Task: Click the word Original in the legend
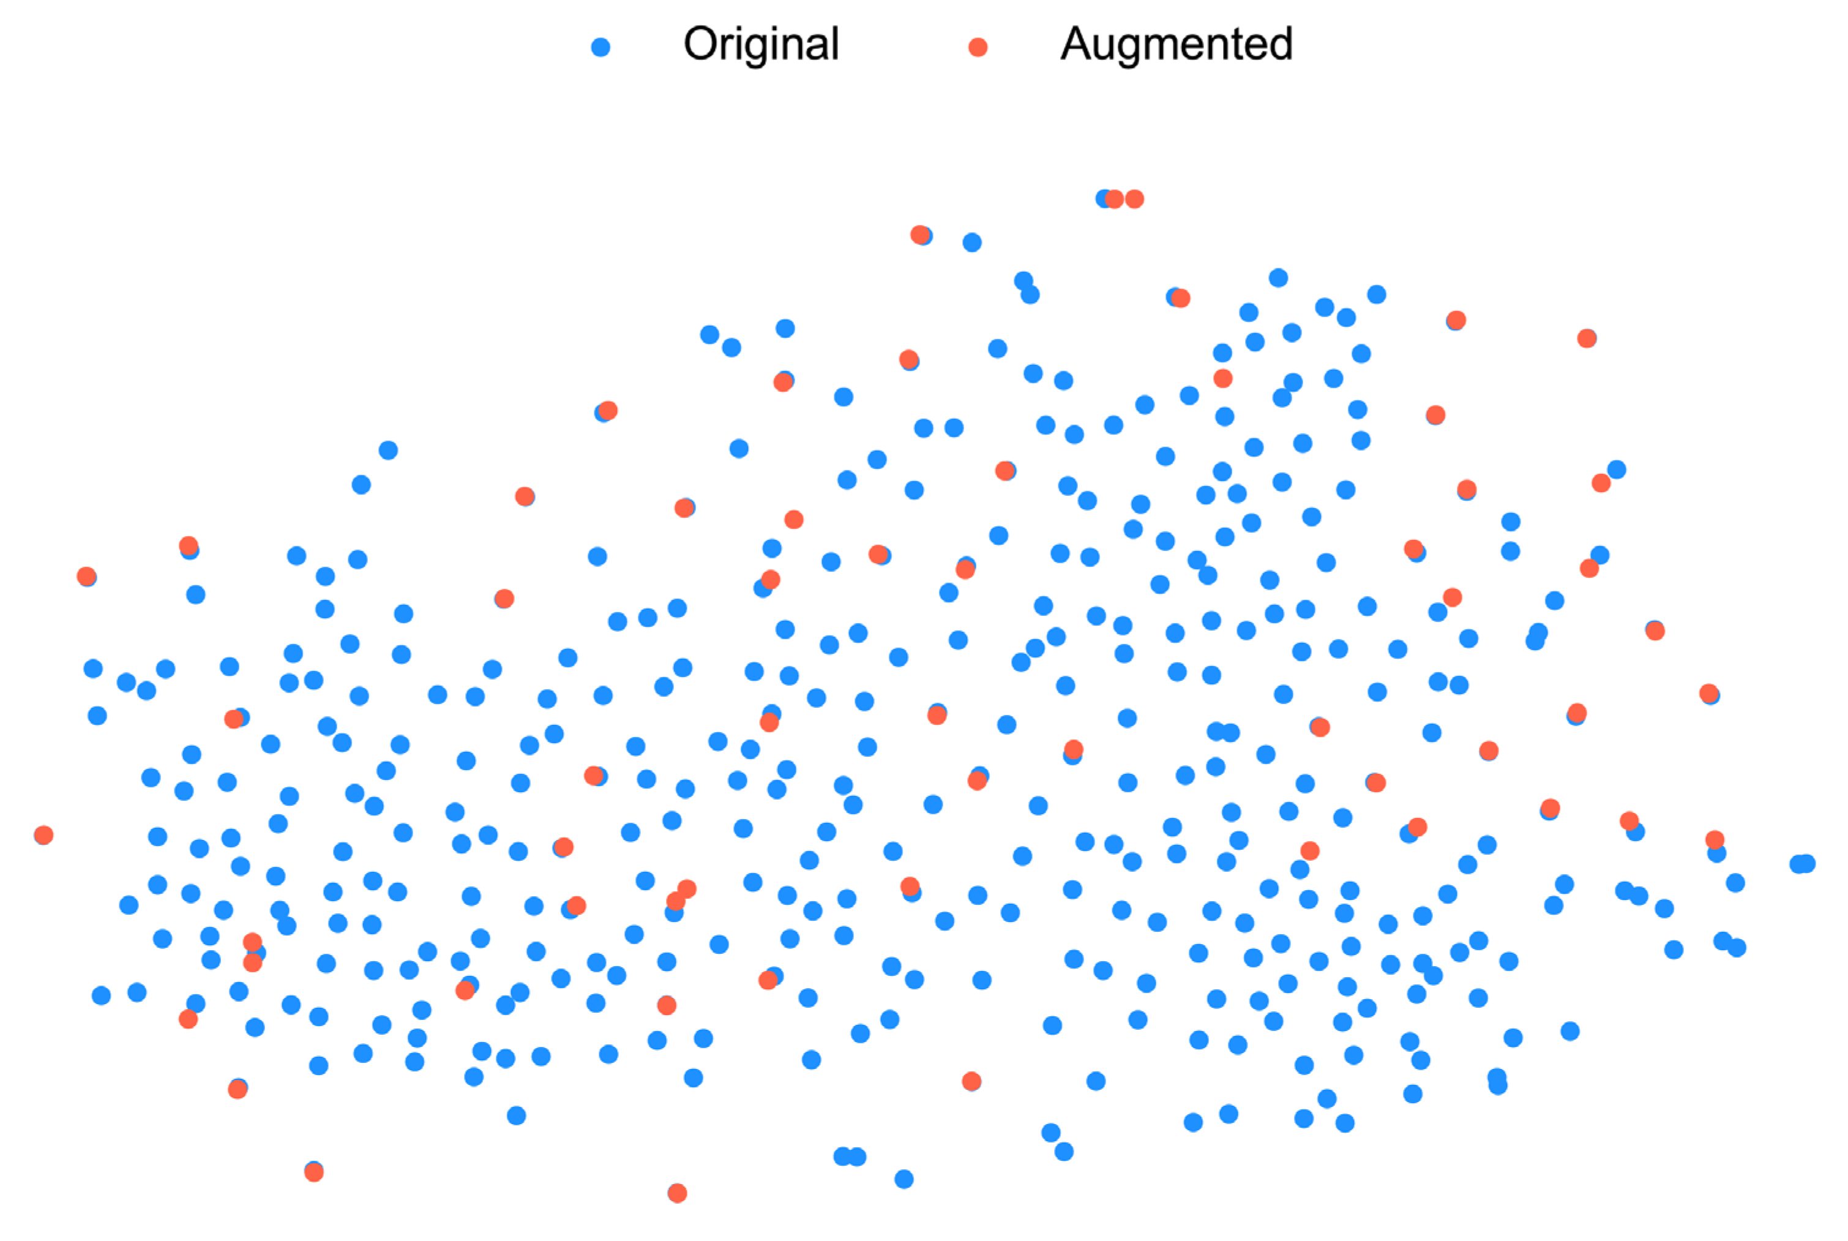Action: pyautogui.click(x=760, y=44)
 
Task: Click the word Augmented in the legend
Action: pyautogui.click(x=1177, y=44)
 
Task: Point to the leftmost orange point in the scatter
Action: pyautogui.click(x=43, y=835)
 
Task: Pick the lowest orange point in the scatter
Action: pyautogui.click(x=677, y=1193)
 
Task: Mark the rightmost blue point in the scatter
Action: pyautogui.click(x=1806, y=863)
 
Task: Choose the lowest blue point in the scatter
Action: pyautogui.click(x=903, y=1179)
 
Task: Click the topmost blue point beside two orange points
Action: pyautogui.click(x=1104, y=198)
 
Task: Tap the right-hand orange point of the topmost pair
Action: pyautogui.click(x=1134, y=198)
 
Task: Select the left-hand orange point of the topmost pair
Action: pyautogui.click(x=1115, y=198)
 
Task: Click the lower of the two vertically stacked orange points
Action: pyautogui.click(x=252, y=963)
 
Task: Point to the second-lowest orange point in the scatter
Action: pyautogui.click(x=314, y=1172)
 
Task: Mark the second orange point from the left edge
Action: pyautogui.click(x=87, y=576)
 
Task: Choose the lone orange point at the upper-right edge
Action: pyautogui.click(x=1587, y=339)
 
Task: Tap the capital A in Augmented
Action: pyautogui.click(x=1077, y=44)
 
